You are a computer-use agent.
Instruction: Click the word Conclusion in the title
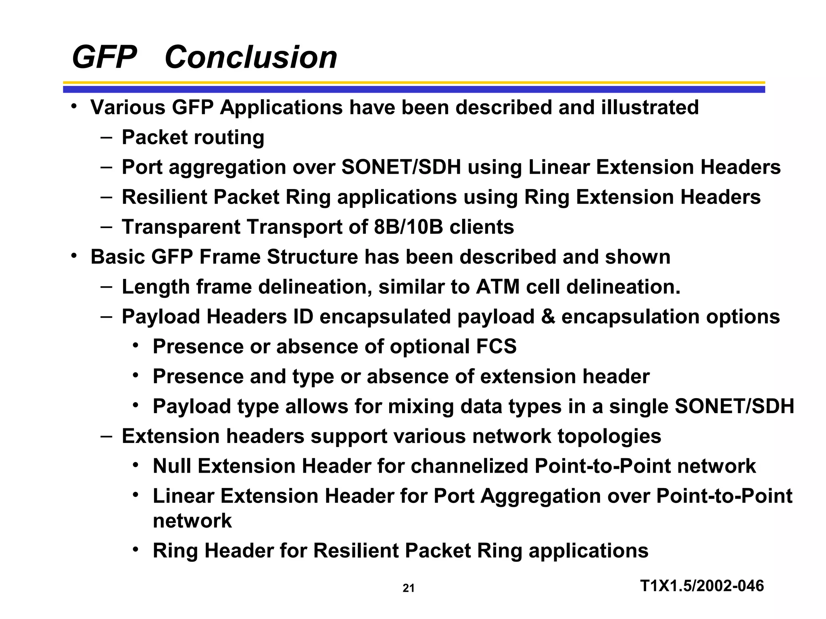coord(250,57)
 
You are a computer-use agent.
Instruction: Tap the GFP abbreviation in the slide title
coord(104,57)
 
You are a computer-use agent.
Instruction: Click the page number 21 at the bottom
coord(408,588)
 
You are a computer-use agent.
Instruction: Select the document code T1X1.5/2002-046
coord(702,586)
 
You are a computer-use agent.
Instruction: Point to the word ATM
coord(498,287)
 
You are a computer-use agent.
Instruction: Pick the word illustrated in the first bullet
coord(649,108)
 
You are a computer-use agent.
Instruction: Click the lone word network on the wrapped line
coord(192,521)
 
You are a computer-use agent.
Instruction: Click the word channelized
coord(469,466)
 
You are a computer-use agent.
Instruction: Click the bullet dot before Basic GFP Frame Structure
coord(73,256)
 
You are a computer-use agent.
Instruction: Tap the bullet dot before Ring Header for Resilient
coord(136,550)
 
